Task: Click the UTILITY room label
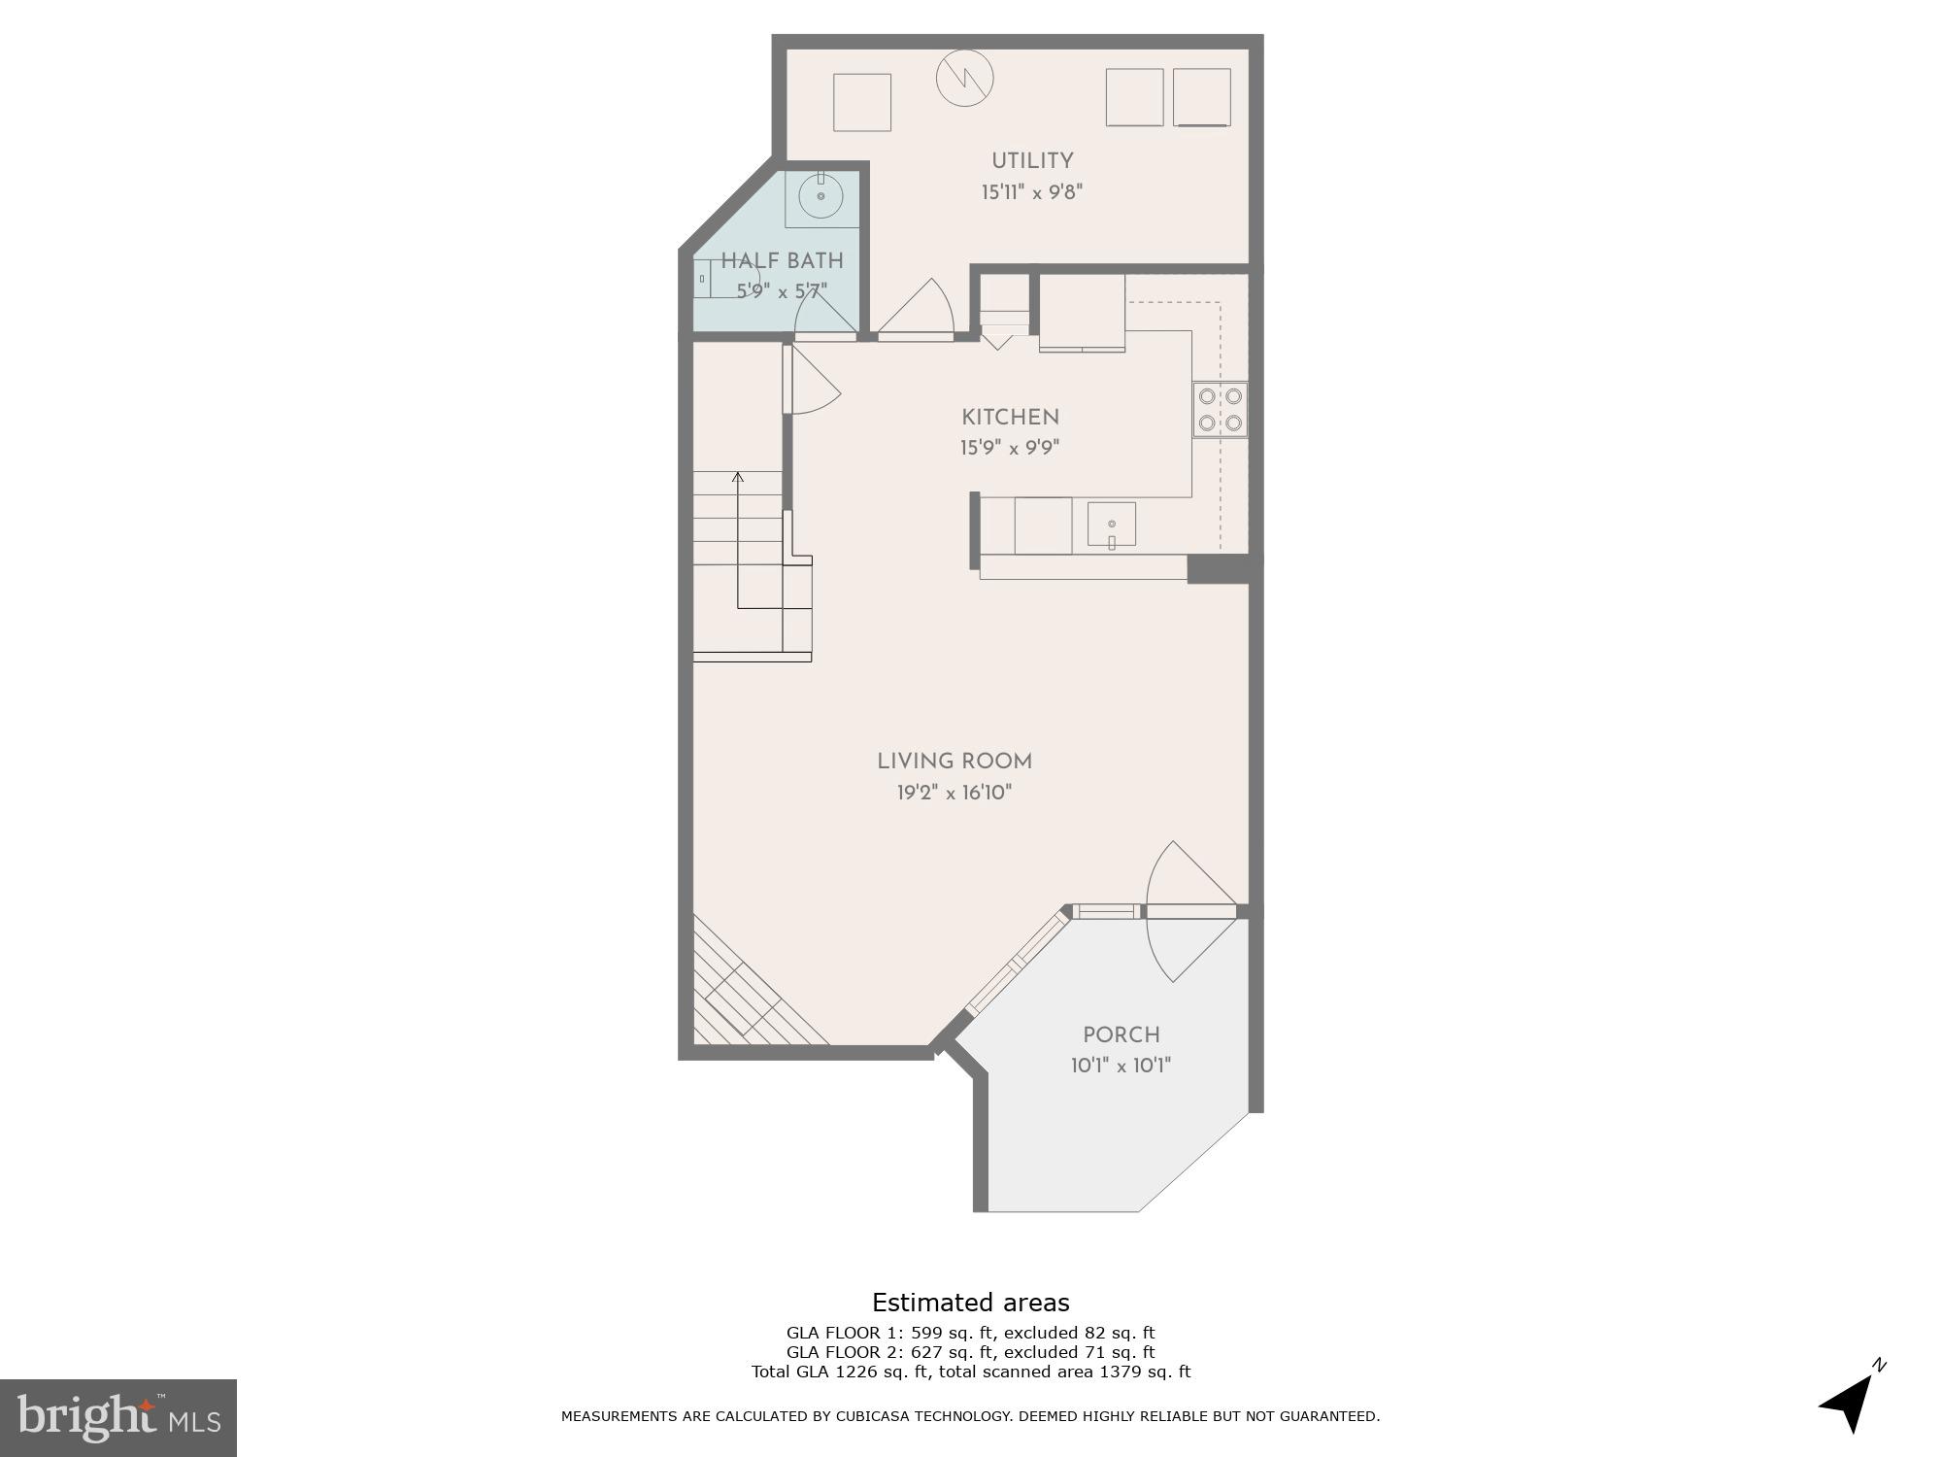pos(1031,161)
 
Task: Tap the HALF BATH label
pos(782,261)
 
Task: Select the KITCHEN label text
pos(1010,418)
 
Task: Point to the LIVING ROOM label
pos(954,762)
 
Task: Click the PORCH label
pos(1122,1035)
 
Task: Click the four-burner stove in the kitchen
pos(1221,410)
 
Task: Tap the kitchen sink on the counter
pos(1112,525)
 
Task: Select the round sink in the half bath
pos(821,196)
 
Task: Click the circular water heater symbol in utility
pos(964,78)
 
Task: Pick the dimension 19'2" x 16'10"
pos(954,794)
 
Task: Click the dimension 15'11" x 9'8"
pos(1031,192)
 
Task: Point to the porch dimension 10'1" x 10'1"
pos(1122,1067)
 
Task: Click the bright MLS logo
pos(117,1417)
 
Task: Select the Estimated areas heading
pos(970,1303)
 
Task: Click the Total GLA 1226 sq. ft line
pos(970,1372)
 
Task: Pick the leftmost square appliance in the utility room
pos(862,102)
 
